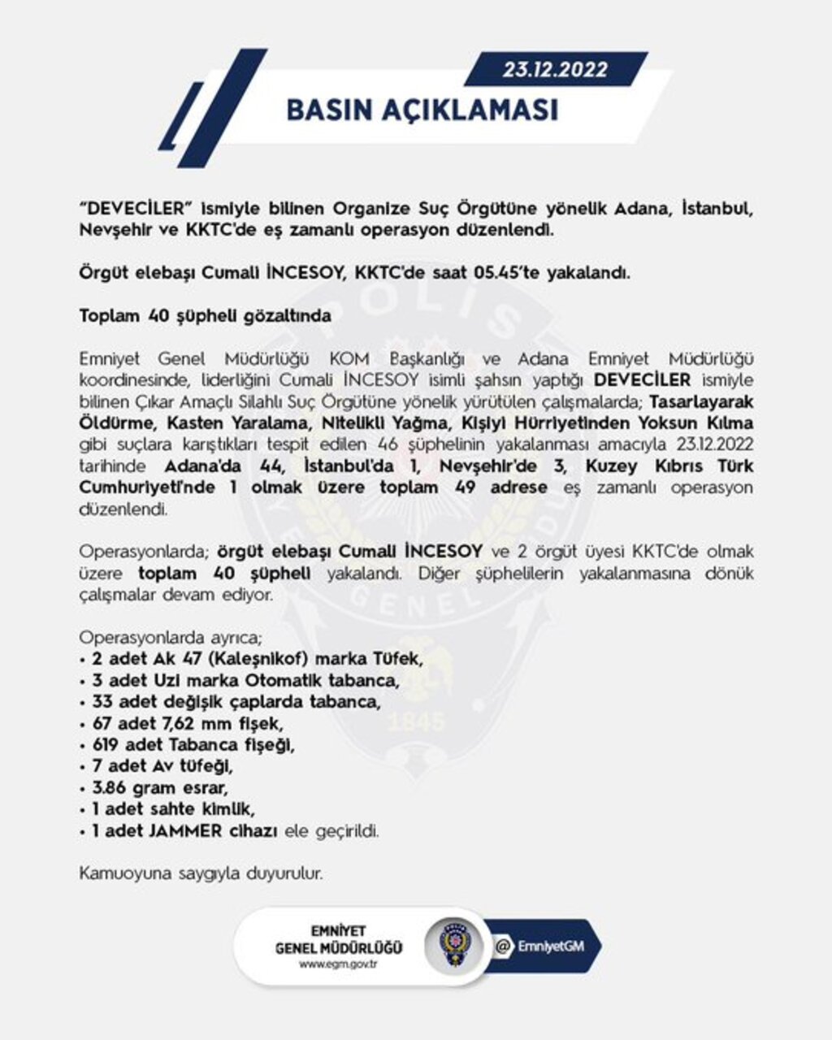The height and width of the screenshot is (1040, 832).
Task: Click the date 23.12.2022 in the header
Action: (x=554, y=70)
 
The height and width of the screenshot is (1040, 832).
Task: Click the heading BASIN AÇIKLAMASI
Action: (x=422, y=110)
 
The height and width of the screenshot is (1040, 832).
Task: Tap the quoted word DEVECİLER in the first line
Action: (x=130, y=208)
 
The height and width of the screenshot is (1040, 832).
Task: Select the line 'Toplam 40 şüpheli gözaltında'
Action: (x=205, y=315)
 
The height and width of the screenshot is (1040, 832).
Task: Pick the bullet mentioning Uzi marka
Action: (x=245, y=679)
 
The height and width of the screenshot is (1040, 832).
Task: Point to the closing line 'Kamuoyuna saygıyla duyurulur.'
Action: (x=201, y=874)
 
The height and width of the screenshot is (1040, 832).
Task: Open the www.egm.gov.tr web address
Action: (x=338, y=964)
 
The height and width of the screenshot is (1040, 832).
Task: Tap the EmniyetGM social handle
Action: (x=551, y=947)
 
